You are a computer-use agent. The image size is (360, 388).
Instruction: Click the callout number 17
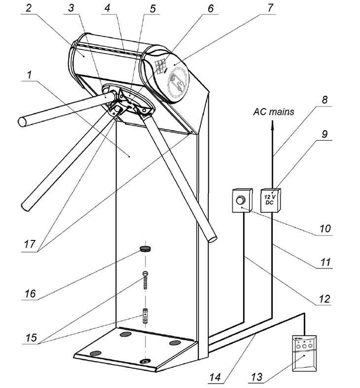30,244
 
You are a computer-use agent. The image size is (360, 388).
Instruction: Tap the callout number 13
256,377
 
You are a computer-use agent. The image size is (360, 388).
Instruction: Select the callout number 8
324,100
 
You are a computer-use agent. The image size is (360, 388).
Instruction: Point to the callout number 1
30,74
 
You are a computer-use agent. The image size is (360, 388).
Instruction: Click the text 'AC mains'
274,112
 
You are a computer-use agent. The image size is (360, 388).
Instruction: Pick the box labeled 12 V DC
271,200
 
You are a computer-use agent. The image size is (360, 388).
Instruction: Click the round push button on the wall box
240,200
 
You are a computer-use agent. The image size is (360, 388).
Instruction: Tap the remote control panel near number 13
304,353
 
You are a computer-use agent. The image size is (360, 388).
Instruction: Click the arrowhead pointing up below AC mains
273,124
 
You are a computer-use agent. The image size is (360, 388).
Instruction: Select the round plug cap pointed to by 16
145,248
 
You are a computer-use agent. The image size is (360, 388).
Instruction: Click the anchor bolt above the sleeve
145,280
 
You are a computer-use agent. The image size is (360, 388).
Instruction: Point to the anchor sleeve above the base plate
145,315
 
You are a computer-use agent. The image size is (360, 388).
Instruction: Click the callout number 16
30,294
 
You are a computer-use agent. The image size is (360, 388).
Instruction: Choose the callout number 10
325,228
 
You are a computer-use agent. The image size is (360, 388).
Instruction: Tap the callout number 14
215,377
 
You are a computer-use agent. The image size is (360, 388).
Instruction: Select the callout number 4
107,8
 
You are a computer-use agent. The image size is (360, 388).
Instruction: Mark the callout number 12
324,299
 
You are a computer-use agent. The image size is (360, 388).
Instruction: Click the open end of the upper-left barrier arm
22,122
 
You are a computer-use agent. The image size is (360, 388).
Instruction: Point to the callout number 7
270,8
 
